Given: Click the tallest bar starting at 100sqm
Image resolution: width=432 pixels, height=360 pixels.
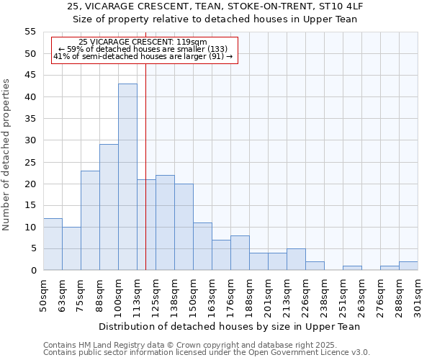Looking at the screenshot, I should [x=127, y=177].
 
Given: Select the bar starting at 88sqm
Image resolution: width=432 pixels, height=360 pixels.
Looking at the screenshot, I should [x=109, y=207].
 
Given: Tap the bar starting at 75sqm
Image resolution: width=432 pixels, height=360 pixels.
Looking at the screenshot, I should [x=90, y=220].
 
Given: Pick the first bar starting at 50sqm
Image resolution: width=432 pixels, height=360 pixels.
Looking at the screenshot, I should [x=53, y=244].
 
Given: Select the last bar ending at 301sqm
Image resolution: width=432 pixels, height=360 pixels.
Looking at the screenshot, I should [x=408, y=266].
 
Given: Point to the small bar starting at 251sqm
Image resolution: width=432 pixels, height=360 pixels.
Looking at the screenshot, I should [x=352, y=268].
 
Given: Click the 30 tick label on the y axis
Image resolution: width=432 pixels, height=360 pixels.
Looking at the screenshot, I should [x=30, y=140].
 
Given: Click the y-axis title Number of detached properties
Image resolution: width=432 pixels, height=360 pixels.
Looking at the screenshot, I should [x=7, y=155].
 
